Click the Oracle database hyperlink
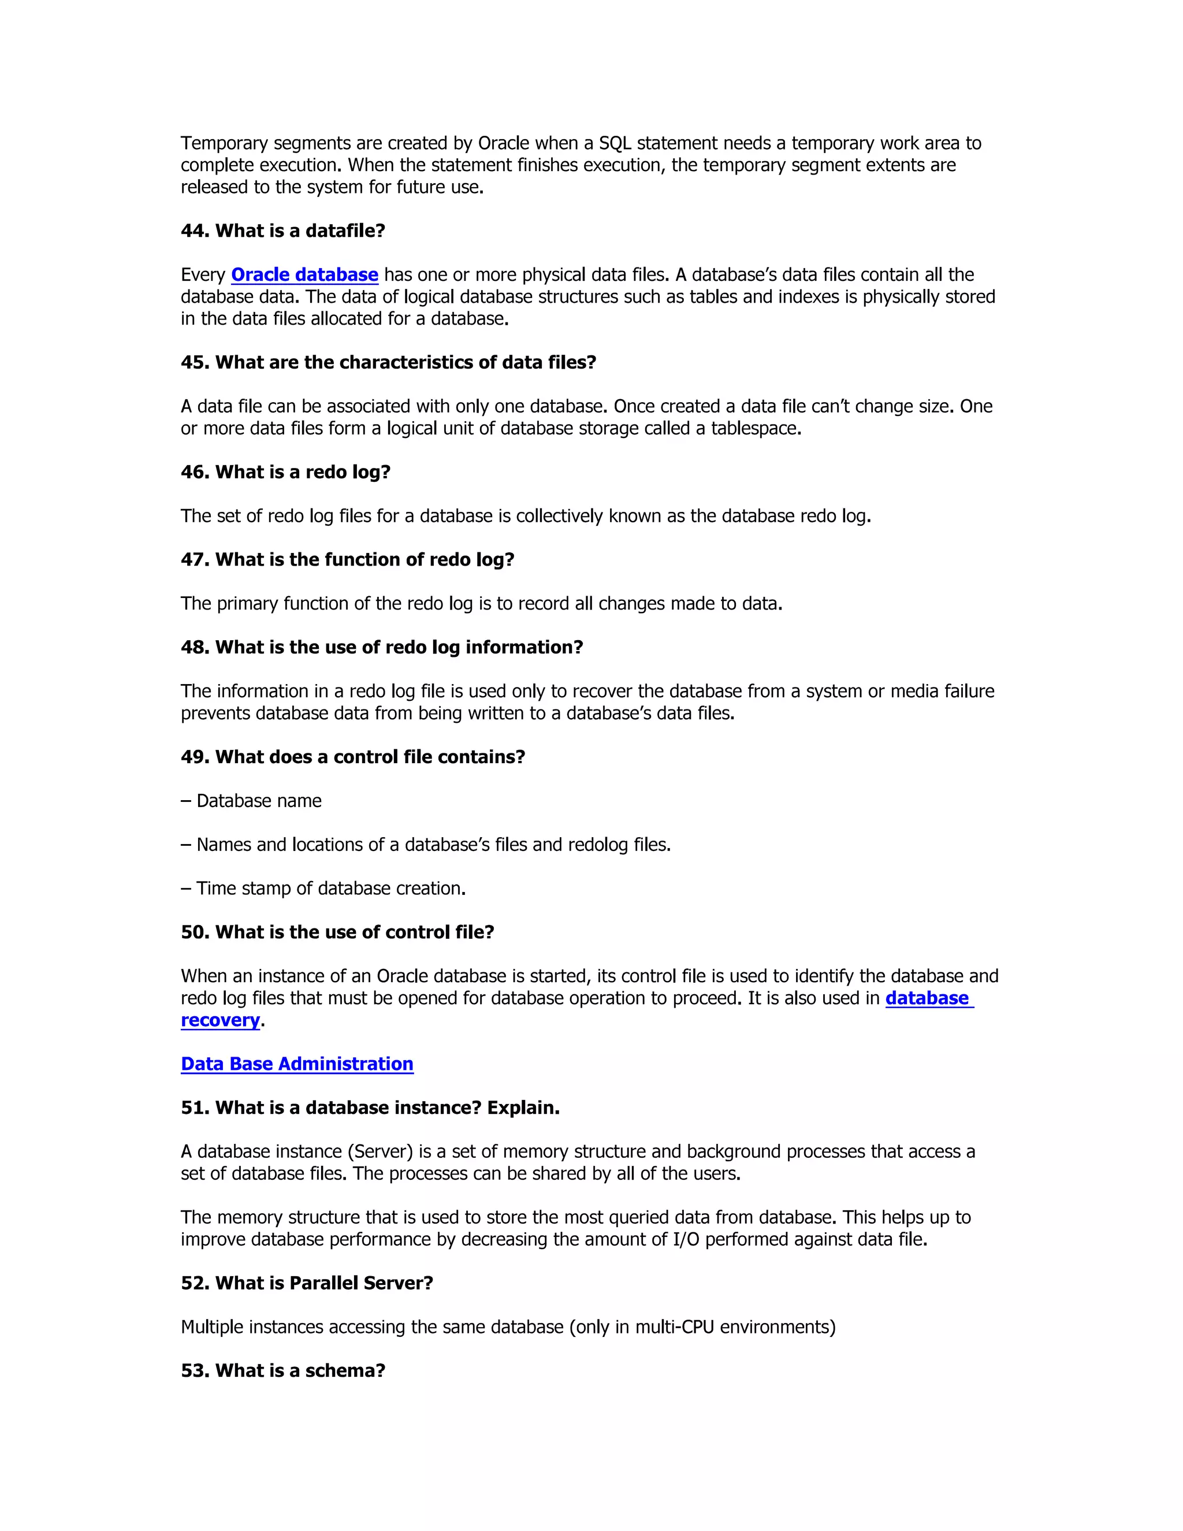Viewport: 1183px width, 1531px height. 304,275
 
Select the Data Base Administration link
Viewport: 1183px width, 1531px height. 296,1064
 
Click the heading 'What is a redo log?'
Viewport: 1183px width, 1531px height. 302,473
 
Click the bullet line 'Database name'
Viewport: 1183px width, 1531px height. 259,801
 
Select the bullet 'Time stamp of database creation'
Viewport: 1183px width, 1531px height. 331,889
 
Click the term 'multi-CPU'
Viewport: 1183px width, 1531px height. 674,1327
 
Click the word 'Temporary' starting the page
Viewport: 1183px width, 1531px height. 224,144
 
